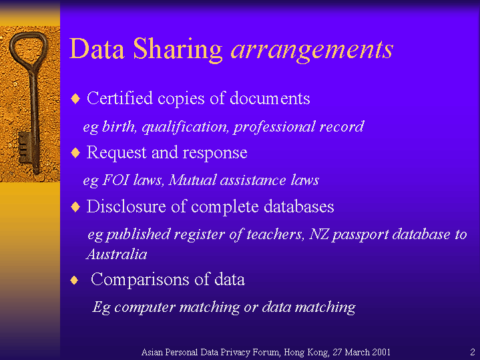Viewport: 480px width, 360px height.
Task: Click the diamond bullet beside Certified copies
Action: coord(75,99)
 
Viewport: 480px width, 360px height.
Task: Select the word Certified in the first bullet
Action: coord(119,98)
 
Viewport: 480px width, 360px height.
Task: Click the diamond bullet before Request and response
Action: coord(75,152)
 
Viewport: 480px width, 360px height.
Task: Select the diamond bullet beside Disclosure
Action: coord(75,207)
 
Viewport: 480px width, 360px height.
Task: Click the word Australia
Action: coord(117,254)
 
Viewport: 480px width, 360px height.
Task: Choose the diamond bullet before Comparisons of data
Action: coord(74,280)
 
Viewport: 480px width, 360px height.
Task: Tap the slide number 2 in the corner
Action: coord(473,352)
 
